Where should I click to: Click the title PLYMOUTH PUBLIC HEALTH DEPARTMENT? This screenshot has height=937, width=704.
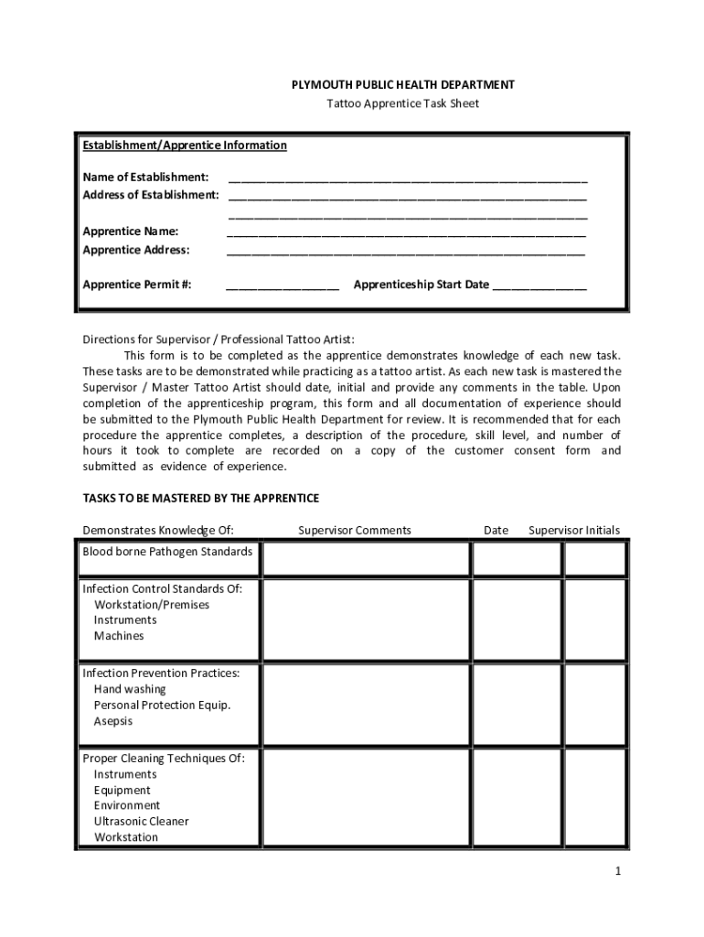pos(402,85)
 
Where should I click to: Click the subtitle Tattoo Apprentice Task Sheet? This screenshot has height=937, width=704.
pos(402,103)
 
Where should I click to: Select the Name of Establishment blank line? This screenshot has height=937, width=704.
pos(408,178)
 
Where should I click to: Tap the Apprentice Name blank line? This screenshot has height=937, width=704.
pos(406,232)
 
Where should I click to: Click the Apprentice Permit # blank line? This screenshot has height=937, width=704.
pos(283,285)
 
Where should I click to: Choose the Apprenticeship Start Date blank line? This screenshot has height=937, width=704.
pos(539,285)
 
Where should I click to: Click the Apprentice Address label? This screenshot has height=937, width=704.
pos(136,250)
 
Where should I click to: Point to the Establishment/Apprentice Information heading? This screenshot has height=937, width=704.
pos(185,145)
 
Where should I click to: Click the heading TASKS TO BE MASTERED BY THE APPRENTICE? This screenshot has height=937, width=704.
pos(201,499)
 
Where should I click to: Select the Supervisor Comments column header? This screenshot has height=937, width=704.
pos(355,531)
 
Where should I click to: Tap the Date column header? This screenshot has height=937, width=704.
pos(496,531)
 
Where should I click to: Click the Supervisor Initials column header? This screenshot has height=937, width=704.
pos(574,531)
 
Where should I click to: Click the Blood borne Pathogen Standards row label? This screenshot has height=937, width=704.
pos(167,552)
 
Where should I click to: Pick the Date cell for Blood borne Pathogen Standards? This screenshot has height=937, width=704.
pos(509,559)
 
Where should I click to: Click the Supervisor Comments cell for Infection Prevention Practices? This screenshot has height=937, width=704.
pos(366,704)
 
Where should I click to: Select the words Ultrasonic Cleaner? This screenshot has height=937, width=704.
pos(142,822)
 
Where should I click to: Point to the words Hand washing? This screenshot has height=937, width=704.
pos(130,689)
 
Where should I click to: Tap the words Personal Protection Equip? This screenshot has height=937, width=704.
pos(162,705)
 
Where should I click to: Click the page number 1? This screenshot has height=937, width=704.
pos(618,871)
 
